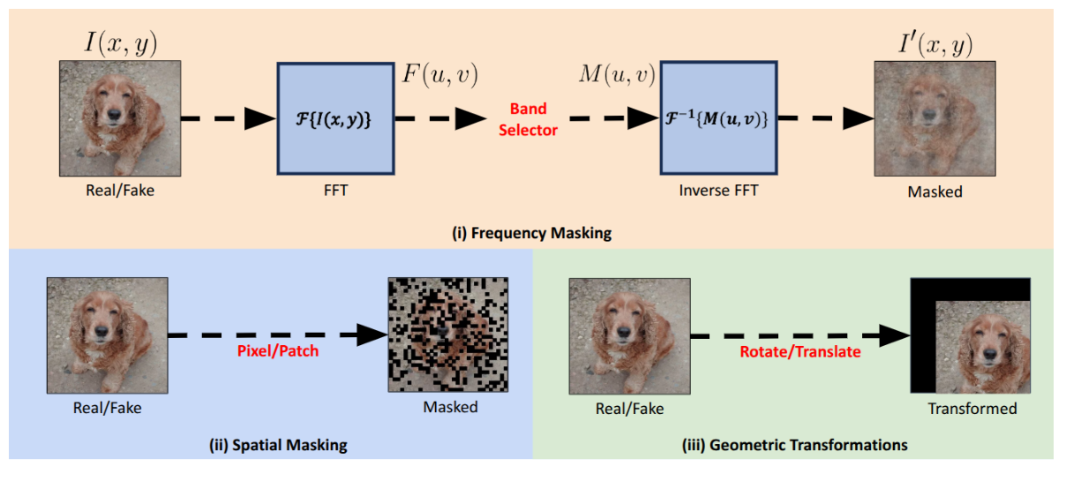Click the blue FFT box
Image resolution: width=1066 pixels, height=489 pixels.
(335, 119)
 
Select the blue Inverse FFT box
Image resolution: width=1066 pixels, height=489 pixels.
(718, 119)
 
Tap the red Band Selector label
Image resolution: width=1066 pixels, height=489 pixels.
(529, 119)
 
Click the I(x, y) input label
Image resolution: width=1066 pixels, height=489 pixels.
(120, 41)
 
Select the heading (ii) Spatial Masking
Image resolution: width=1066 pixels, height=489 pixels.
(272, 445)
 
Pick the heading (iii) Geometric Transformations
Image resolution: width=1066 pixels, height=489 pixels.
(794, 445)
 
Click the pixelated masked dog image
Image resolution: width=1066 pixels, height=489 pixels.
(449, 335)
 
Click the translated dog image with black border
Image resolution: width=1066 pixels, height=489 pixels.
(971, 335)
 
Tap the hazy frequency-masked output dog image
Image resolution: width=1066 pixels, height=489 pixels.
(935, 119)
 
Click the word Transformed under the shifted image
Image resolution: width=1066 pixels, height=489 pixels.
(972, 409)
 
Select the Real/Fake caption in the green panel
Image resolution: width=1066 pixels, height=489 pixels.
(629, 409)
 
